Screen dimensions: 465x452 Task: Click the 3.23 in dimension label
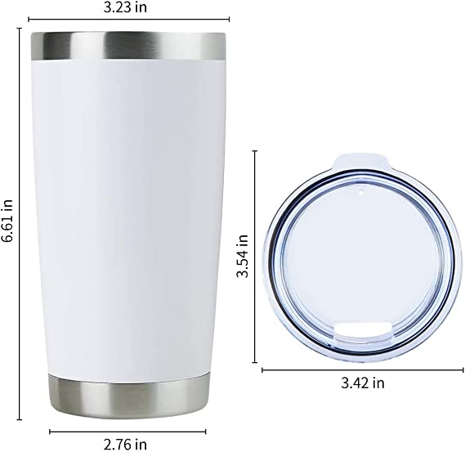[125, 7]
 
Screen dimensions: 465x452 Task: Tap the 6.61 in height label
[7, 220]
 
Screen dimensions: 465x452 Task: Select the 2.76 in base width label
[125, 445]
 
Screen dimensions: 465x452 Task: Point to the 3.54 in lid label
[242, 256]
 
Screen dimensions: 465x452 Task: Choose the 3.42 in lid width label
[362, 383]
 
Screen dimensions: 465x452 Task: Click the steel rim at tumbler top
[128, 46]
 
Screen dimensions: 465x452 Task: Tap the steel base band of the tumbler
[127, 396]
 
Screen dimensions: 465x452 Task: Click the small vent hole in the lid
[361, 194]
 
